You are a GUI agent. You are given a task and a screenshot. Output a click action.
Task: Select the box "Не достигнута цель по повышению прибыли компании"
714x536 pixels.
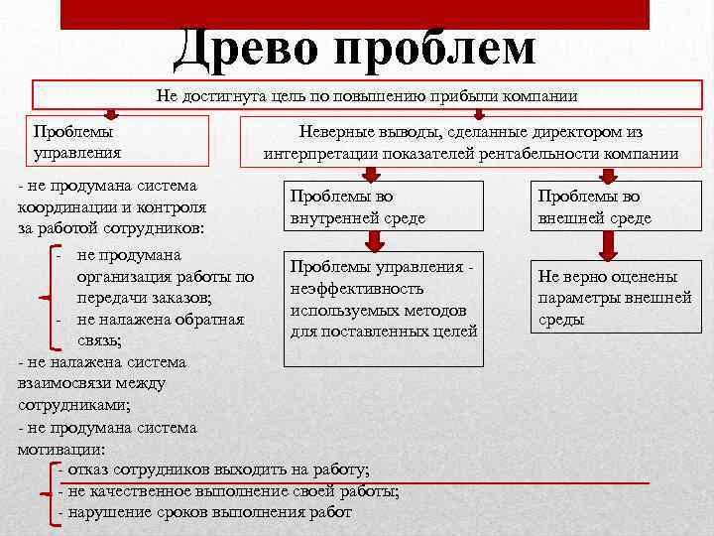pos(366,95)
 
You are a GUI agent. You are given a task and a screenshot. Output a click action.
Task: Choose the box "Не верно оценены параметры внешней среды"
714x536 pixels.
pos(606,298)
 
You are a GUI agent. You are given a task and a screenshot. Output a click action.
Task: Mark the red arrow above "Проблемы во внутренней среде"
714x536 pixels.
pos(369,174)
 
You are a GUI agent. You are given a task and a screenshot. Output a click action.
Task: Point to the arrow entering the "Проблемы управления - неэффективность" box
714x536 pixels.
pos(375,240)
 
